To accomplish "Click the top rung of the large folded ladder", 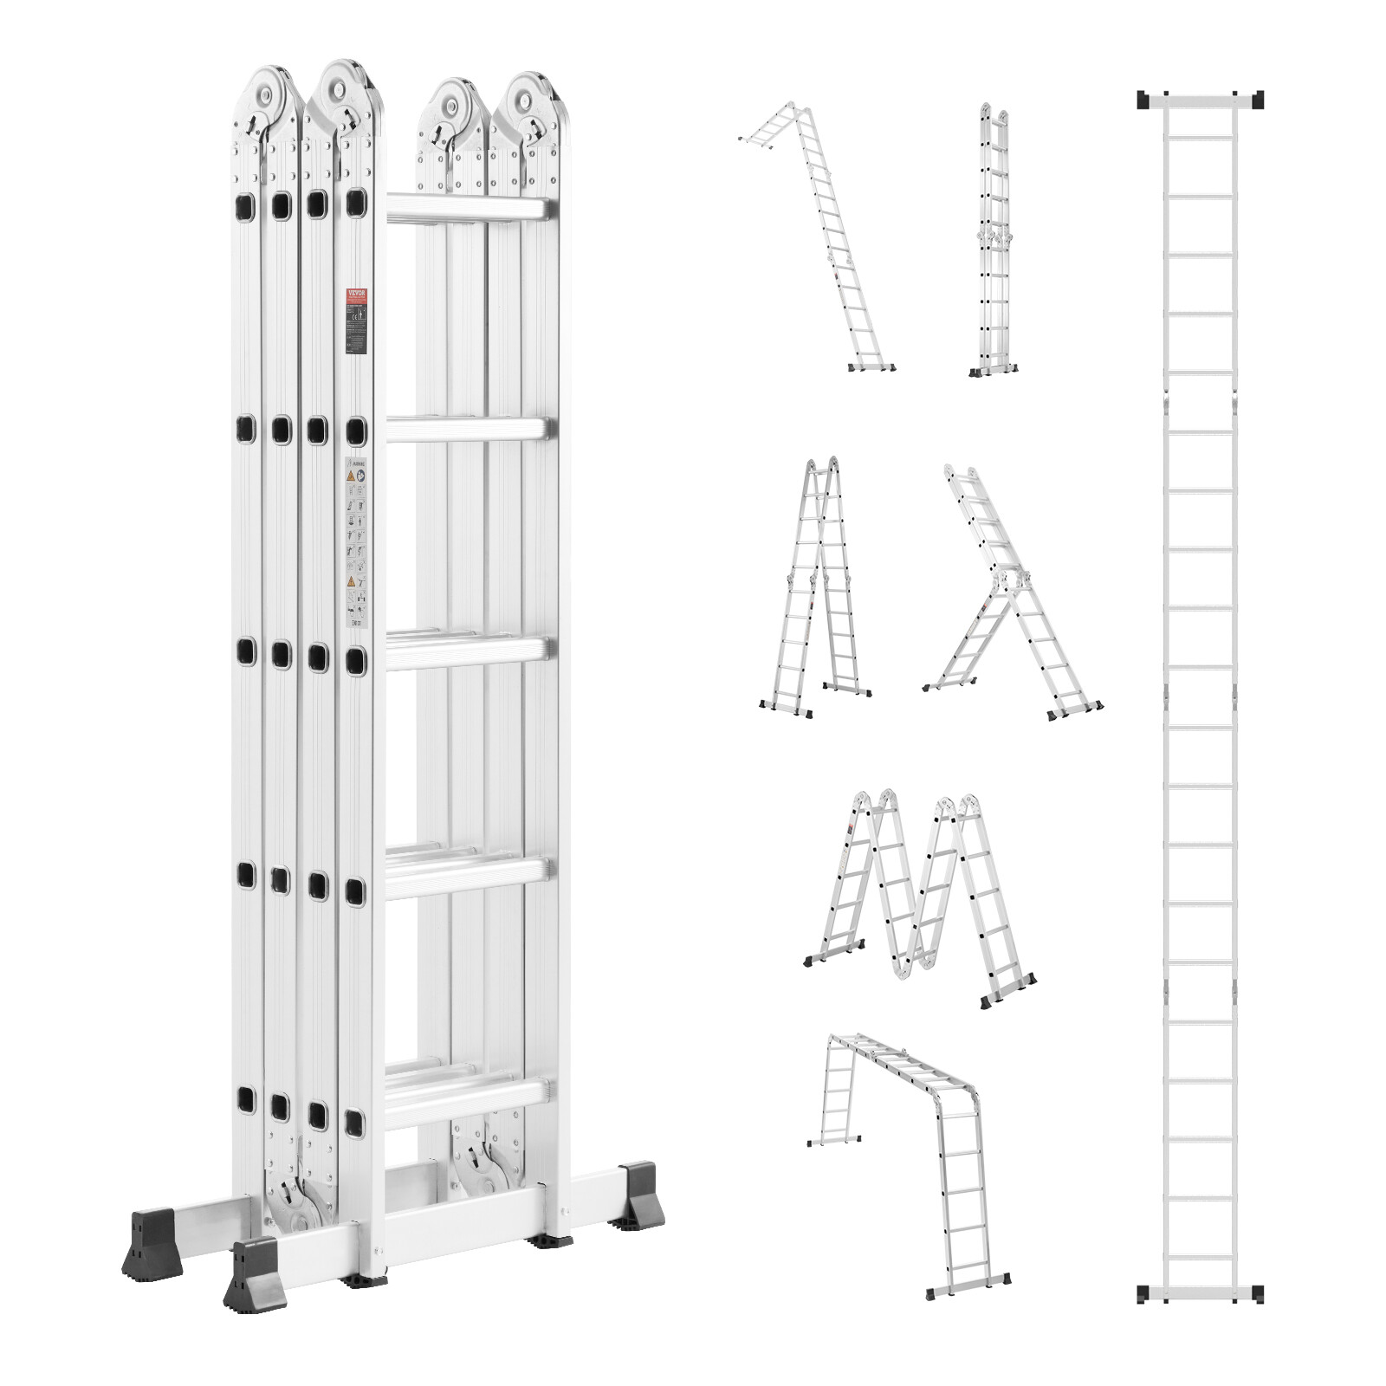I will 468,208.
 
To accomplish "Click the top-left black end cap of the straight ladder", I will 1145,100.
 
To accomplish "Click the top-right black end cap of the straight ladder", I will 1255,100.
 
